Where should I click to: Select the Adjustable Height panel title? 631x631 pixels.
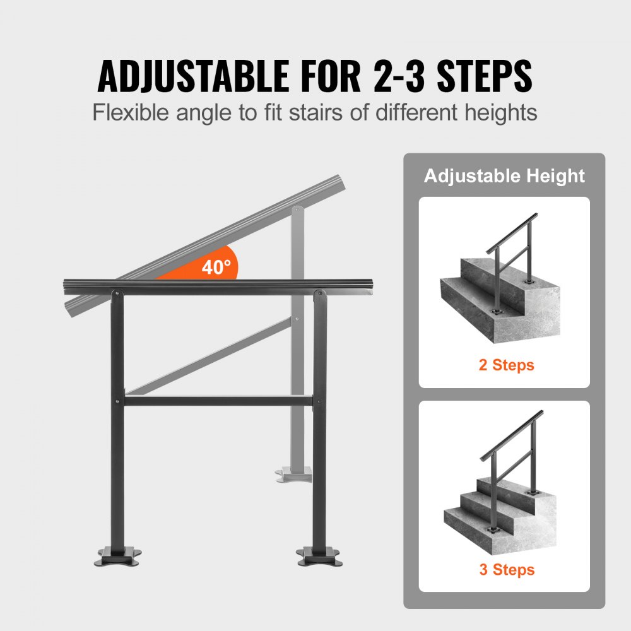click(504, 176)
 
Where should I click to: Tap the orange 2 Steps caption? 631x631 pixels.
click(506, 365)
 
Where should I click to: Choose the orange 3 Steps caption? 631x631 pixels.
click(506, 569)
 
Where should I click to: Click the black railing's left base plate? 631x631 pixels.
click(117, 556)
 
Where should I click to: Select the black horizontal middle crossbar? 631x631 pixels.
click(218, 401)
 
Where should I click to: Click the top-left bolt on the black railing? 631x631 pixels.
click(117, 292)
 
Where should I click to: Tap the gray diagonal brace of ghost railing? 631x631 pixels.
click(208, 357)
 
